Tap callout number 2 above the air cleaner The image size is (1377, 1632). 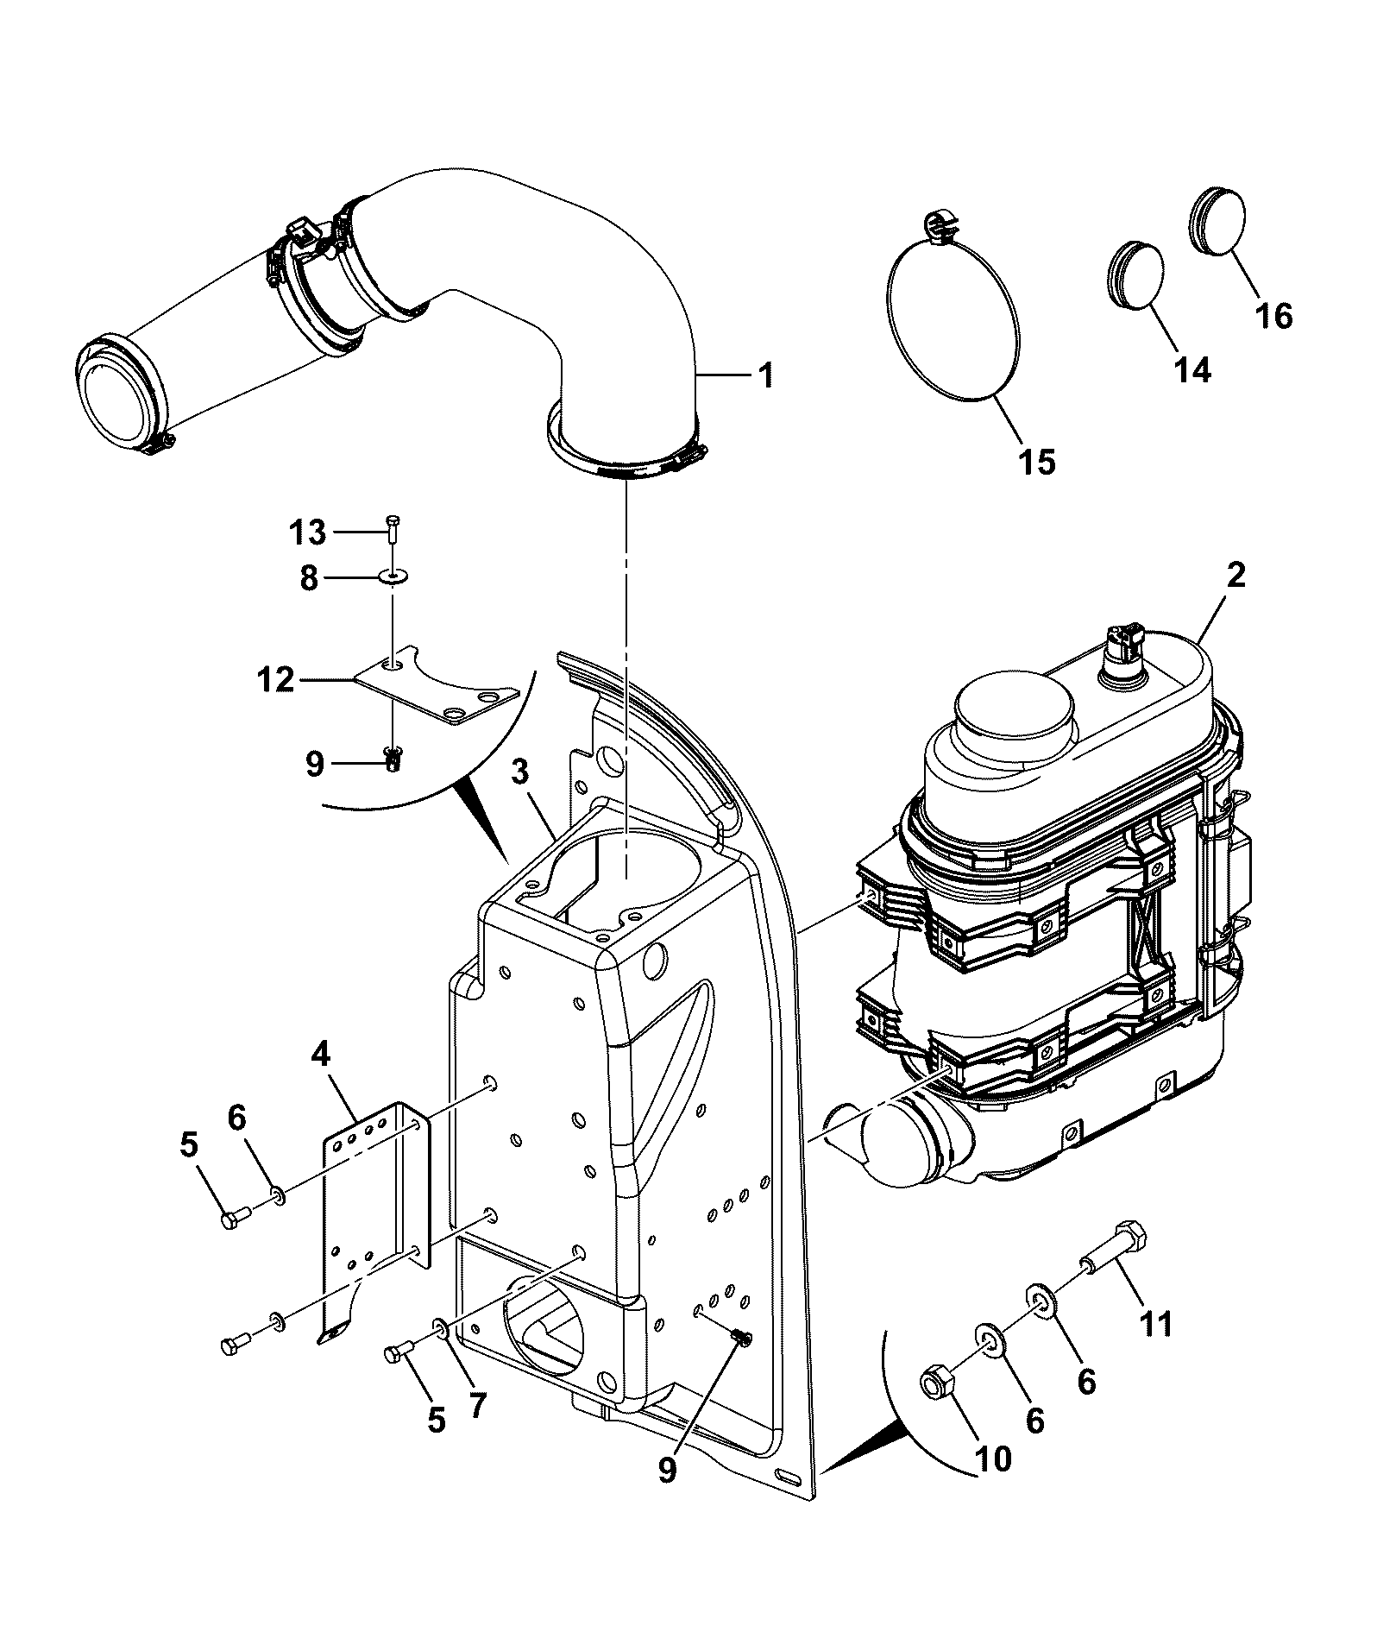tap(1236, 576)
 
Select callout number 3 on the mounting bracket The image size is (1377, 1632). tap(519, 773)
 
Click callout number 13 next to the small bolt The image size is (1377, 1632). tap(306, 532)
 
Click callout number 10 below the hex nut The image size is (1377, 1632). tap(992, 1459)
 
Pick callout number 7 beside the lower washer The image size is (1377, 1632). tap(477, 1405)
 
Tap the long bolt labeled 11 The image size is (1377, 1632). tap(1113, 1249)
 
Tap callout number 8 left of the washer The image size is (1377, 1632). tap(309, 577)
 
